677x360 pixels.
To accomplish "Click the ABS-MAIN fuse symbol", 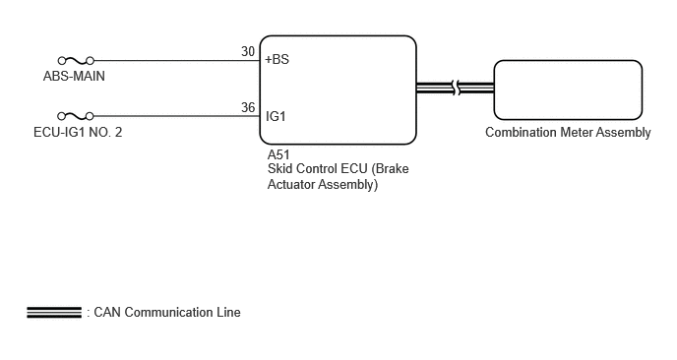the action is point(76,60).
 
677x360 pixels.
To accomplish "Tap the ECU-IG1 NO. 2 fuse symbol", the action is point(76,116).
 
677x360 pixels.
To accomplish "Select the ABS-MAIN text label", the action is point(74,76).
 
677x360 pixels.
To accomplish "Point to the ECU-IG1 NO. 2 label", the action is point(78,132).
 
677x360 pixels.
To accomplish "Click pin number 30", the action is point(248,51).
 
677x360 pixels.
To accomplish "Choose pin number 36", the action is point(248,107).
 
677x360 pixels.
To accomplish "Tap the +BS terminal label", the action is point(277,59).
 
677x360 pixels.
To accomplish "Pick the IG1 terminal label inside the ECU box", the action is point(276,116).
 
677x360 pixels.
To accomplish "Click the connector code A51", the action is point(278,154).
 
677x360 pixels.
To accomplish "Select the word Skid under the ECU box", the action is point(279,168).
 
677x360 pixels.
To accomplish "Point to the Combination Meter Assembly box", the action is point(568,90).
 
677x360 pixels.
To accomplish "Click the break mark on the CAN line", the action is point(456,89).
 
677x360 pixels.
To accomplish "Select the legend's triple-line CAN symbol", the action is point(54,312).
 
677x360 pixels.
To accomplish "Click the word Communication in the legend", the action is point(169,312).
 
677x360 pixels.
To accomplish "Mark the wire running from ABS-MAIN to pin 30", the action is point(177,60).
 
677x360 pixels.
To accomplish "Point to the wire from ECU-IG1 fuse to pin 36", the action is point(177,116).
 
